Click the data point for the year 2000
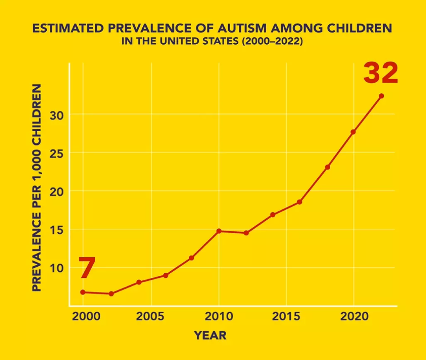[x=83, y=292]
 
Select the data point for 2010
[x=219, y=231]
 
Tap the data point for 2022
[x=381, y=96]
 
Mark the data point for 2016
[x=299, y=202]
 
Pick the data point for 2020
[x=353, y=132]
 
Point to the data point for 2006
[x=166, y=275]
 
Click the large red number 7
[x=87, y=268]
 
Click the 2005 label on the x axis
[x=151, y=317]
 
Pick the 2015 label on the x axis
[x=286, y=317]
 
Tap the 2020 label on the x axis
[x=354, y=317]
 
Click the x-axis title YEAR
[x=210, y=335]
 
